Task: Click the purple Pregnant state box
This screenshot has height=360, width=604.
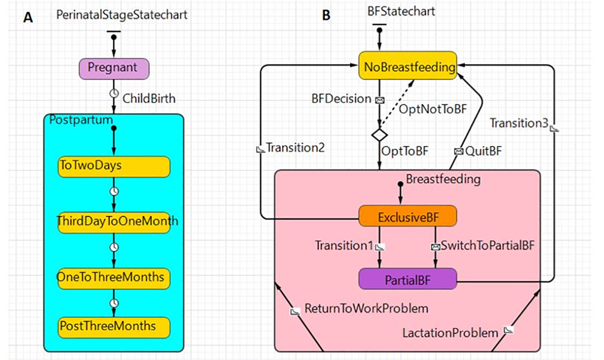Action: pyautogui.click(x=114, y=68)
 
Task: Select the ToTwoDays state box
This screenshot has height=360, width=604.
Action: pyautogui.click(x=114, y=166)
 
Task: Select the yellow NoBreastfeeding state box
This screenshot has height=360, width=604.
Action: pyautogui.click(x=408, y=67)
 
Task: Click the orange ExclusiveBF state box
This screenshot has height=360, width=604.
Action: pyautogui.click(x=408, y=217)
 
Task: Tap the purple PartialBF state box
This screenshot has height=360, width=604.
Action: pyautogui.click(x=408, y=278)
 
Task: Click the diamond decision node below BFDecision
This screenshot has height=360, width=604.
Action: pyautogui.click(x=379, y=135)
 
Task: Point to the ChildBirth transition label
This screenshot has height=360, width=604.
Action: pyautogui.click(x=149, y=99)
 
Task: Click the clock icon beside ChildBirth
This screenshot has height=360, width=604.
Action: pyautogui.click(x=114, y=94)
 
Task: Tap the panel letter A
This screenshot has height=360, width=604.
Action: pyautogui.click(x=29, y=18)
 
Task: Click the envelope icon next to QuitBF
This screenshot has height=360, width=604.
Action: pyautogui.click(x=458, y=151)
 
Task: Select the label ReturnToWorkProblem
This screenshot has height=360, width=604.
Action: pyautogui.click(x=366, y=309)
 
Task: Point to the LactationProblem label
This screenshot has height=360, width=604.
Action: pyautogui.click(x=450, y=333)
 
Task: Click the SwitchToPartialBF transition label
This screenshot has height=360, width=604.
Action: pyautogui.click(x=487, y=246)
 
